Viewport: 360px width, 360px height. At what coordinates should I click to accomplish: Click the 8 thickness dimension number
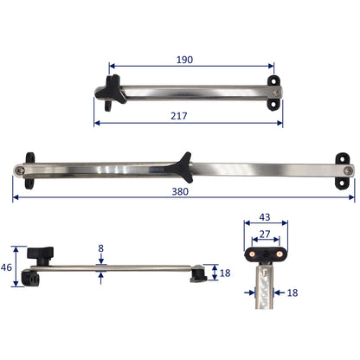coord(101,249)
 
